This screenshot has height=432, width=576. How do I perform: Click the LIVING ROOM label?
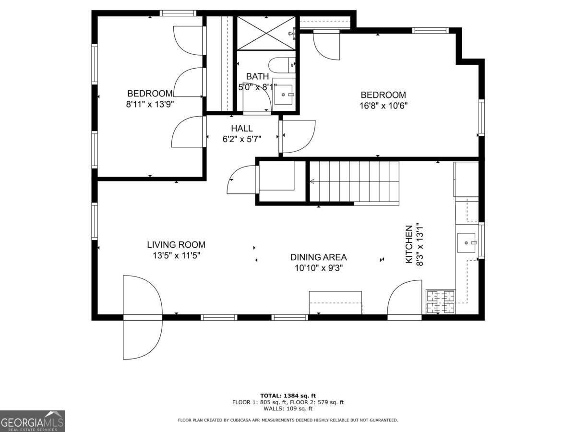(176, 245)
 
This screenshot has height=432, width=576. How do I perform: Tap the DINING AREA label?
(318, 257)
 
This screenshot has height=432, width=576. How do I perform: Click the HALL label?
(241, 129)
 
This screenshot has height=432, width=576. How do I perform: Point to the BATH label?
(257, 76)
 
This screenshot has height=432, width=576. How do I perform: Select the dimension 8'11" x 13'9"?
(149, 104)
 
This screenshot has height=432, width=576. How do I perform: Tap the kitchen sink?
(466, 243)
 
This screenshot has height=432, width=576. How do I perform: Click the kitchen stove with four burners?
(441, 301)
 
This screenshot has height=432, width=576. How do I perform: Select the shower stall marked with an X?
(266, 33)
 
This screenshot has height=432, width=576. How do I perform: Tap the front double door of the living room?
(142, 317)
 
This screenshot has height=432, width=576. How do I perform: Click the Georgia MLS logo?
(32, 421)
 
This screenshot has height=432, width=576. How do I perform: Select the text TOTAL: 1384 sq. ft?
(288, 396)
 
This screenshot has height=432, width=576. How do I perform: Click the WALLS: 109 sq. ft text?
(288, 409)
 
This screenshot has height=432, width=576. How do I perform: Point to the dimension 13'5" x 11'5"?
(176, 255)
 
